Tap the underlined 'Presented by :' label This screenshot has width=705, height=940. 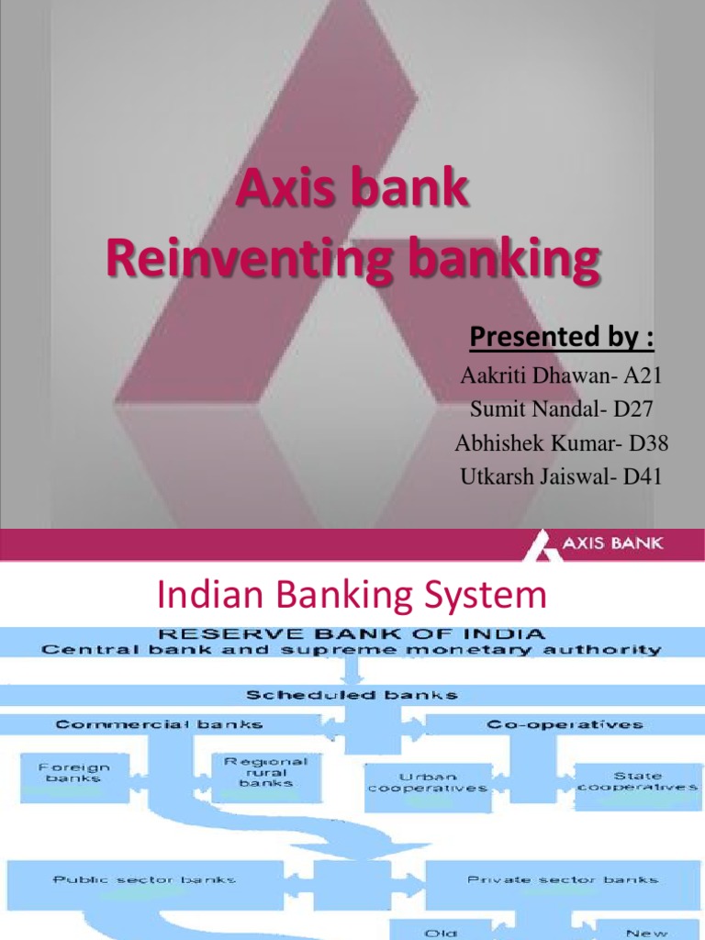562,338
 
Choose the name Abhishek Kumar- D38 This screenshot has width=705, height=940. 561,442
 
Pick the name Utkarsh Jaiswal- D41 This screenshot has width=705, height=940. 561,476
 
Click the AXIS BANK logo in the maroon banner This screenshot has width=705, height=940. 597,544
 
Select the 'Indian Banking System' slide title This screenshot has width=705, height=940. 352,597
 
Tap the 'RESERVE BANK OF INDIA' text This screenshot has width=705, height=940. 352,633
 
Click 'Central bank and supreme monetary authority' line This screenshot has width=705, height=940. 352,650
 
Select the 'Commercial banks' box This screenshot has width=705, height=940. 159,724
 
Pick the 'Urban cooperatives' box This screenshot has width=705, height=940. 427,782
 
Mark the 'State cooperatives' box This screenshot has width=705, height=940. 636,781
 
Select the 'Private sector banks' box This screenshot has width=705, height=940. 562,879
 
